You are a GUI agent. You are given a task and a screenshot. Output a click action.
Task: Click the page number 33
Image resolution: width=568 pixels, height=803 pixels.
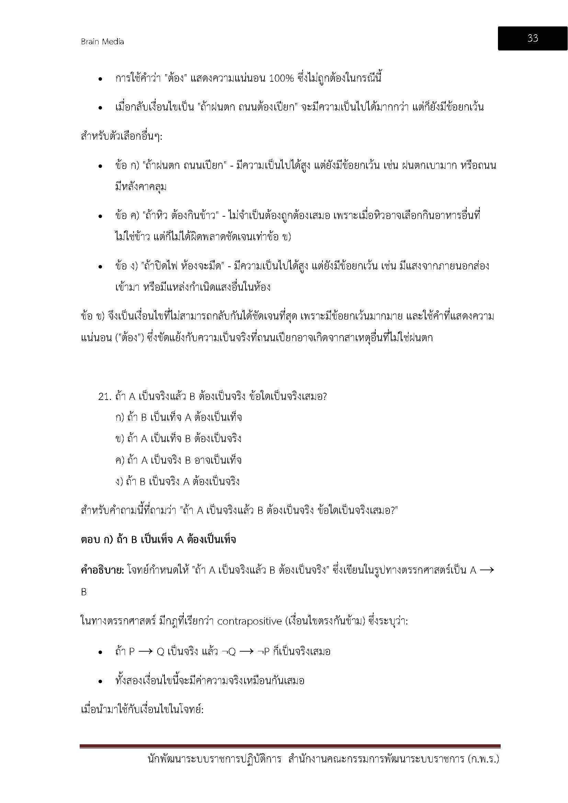coord(532,38)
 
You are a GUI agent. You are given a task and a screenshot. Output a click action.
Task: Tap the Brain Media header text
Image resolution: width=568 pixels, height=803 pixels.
coord(102,42)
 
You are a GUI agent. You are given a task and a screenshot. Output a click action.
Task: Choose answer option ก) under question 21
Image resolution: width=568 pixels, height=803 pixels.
coord(120,417)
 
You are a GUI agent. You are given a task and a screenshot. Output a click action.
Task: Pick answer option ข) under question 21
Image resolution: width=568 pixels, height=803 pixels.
coord(120,438)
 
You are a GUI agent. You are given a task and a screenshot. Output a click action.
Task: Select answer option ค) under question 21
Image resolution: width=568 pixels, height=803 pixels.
coord(120,460)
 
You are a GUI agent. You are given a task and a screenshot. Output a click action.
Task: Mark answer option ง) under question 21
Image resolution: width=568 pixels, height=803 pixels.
coord(119,482)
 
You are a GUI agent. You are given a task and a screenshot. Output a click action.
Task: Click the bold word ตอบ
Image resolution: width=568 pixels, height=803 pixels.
coord(91,539)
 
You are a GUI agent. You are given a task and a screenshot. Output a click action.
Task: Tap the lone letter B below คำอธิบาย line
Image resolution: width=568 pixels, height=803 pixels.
coord(84,592)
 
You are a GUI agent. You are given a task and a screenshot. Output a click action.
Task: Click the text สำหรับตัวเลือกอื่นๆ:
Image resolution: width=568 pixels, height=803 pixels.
coord(121,136)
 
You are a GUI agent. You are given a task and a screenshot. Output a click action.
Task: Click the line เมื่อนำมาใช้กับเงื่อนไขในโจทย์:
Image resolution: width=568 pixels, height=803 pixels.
coord(142,710)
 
